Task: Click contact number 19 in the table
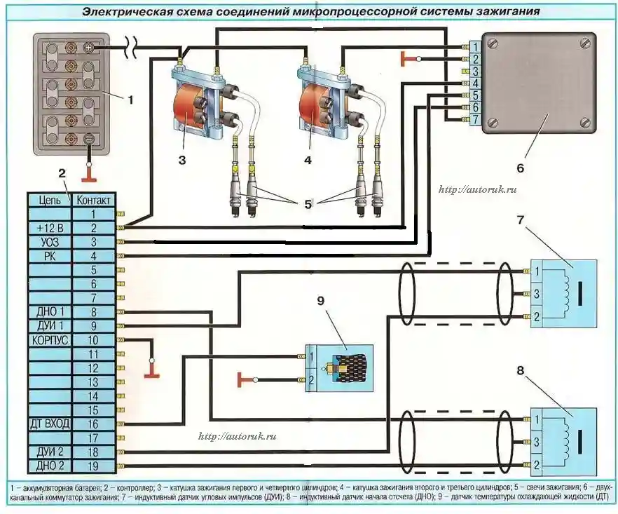pyautogui.click(x=92, y=466)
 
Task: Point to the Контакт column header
pyautogui.click(x=92, y=200)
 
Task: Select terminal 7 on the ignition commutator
pyautogui.click(x=474, y=120)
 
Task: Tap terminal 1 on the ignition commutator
pyautogui.click(x=474, y=47)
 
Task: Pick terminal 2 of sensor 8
pyautogui.click(x=537, y=465)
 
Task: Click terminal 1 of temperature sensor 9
pyautogui.click(x=311, y=358)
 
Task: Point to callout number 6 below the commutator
pyautogui.click(x=520, y=168)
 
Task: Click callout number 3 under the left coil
pyautogui.click(x=181, y=161)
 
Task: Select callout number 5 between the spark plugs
pyautogui.click(x=308, y=205)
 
